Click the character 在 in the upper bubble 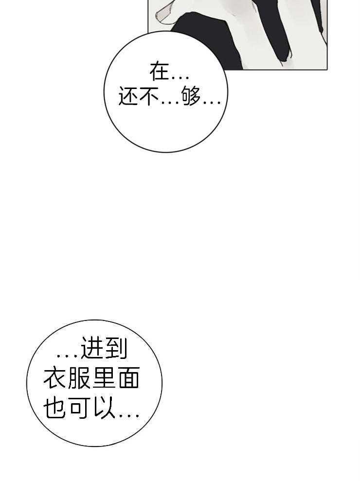pos(160,71)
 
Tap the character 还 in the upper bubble pos(128,96)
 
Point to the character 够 pos(191,96)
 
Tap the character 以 pos(104,408)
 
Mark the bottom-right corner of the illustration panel pos(327,70)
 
